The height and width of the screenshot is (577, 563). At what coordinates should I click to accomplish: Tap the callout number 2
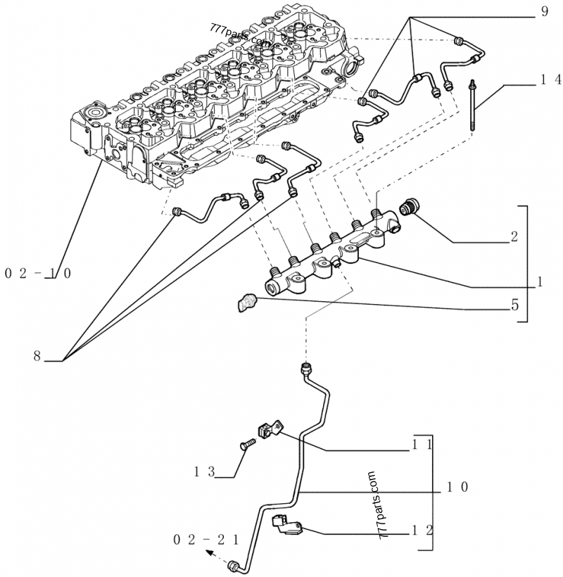pos(514,237)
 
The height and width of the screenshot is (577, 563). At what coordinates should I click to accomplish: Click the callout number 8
pos(37,356)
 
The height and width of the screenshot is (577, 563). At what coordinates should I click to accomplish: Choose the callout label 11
pos(422,445)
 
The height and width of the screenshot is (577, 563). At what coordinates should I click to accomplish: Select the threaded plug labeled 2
pos(408,208)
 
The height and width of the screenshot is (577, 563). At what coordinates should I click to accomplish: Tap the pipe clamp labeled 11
pos(271,429)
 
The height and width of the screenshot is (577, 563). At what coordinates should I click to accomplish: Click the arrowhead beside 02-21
pos(211,553)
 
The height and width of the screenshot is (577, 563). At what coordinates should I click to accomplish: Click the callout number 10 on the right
pos(456,487)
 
